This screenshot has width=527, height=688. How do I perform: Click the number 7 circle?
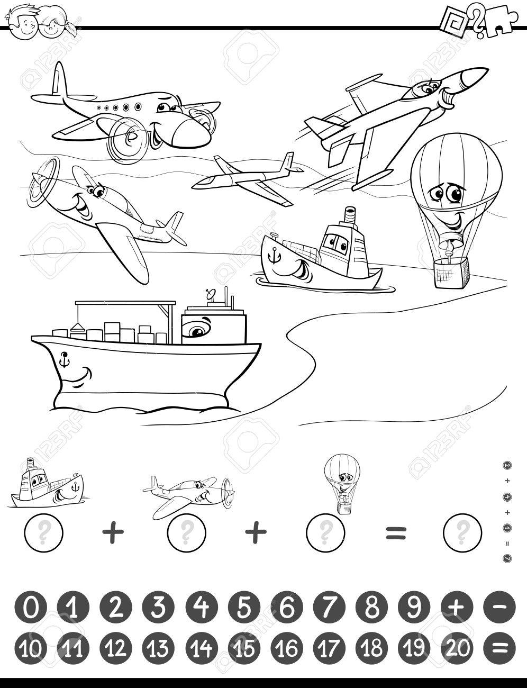tap(328, 608)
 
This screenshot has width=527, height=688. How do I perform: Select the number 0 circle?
tap(31, 608)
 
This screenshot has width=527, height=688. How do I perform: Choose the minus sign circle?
tap(498, 608)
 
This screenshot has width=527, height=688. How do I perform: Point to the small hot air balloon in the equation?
tap(340, 484)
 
